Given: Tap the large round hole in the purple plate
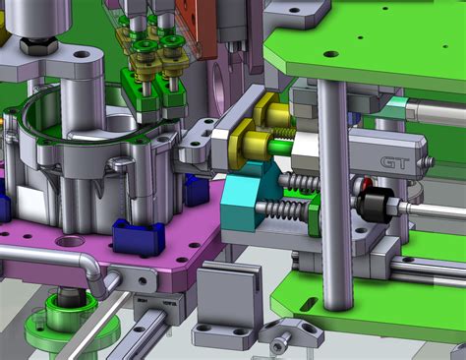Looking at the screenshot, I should point(71,241).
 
